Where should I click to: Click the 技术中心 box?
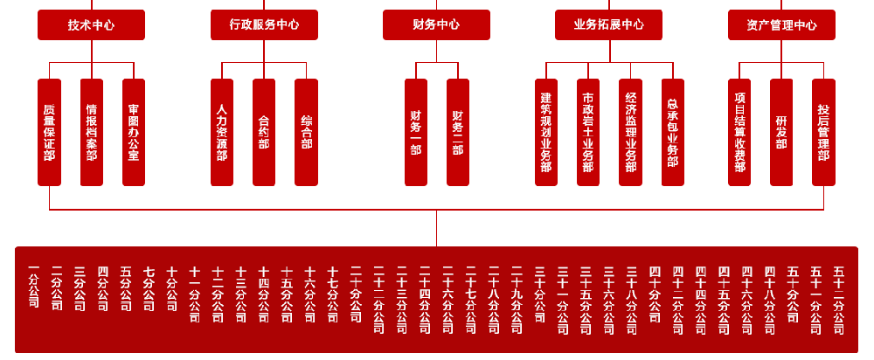click(91, 24)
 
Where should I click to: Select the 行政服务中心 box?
click(264, 24)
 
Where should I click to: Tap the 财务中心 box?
click(436, 24)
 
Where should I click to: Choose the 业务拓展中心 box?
click(608, 24)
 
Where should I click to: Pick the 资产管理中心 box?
click(781, 24)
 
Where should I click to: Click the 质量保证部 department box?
click(49, 132)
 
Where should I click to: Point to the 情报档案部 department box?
click(91, 132)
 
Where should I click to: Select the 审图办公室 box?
click(134, 132)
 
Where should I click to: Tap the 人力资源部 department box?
click(222, 132)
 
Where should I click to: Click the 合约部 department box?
click(264, 132)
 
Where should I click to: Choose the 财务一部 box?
click(415, 132)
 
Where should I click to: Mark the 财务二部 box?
click(458, 132)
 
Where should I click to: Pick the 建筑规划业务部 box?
click(546, 132)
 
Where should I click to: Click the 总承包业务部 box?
click(672, 132)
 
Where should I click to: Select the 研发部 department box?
click(781, 132)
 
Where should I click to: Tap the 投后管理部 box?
click(823, 132)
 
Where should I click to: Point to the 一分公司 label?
click(34, 287)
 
